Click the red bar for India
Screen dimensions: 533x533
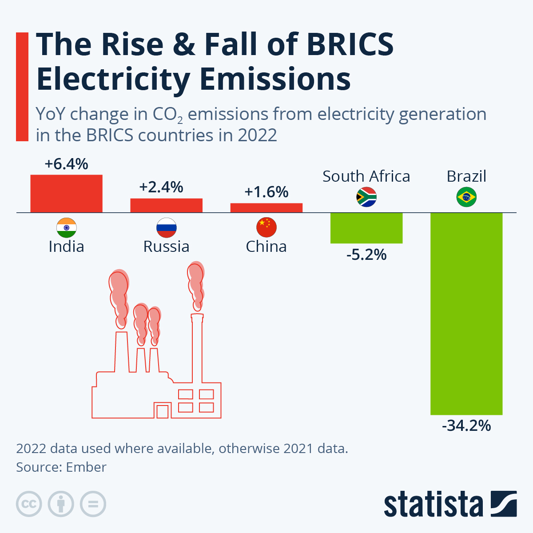coord(66,194)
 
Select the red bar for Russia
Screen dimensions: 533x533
coord(166,205)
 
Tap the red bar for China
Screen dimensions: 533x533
coord(266,208)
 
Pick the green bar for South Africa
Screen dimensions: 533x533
coord(366,228)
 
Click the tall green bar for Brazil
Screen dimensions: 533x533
coord(466,314)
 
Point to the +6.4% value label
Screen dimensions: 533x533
coord(66,164)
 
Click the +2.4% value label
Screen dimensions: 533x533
coord(161,187)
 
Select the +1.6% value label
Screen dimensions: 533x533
coord(266,192)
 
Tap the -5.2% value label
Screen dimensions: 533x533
coord(366,255)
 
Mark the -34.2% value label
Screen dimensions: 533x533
coord(466,426)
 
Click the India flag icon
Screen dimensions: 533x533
coord(66,228)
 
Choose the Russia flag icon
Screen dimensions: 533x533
coord(166,228)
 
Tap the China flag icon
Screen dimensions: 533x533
coord(266,228)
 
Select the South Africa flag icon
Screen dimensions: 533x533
coord(366,197)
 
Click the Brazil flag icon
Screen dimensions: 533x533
coord(466,197)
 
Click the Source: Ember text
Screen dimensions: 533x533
coord(61,467)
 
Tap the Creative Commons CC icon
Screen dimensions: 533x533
coord(29,504)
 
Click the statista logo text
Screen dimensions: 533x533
coord(433,504)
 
